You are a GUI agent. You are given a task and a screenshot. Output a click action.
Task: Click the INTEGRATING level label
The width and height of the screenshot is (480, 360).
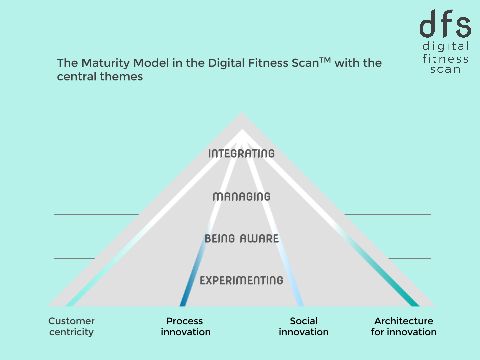click(241, 153)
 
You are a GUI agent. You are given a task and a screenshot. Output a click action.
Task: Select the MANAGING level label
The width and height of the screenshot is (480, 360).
click(241, 196)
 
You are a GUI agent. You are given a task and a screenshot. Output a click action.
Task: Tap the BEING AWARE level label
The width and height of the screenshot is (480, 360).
click(241, 239)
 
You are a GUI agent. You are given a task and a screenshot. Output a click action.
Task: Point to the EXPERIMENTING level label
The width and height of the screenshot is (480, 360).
click(241, 280)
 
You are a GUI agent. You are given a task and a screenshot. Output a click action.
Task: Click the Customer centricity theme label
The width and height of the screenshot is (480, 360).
click(71, 326)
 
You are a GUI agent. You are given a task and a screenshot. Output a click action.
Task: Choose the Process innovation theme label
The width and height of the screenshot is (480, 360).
click(185, 326)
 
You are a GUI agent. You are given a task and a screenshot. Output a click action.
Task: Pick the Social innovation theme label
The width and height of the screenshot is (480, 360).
click(304, 326)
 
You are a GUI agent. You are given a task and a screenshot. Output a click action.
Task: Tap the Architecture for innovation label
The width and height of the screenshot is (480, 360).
click(404, 326)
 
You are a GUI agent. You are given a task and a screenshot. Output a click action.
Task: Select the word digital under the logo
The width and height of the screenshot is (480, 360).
click(445, 47)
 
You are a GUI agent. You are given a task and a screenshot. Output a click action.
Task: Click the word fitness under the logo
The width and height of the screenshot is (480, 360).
click(445, 58)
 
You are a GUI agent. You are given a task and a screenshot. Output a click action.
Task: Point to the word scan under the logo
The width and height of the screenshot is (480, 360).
click(445, 69)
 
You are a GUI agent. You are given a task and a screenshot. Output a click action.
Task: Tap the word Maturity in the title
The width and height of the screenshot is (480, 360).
click(100, 64)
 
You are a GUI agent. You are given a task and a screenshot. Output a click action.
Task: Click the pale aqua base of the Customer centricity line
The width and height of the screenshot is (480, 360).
click(71, 302)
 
